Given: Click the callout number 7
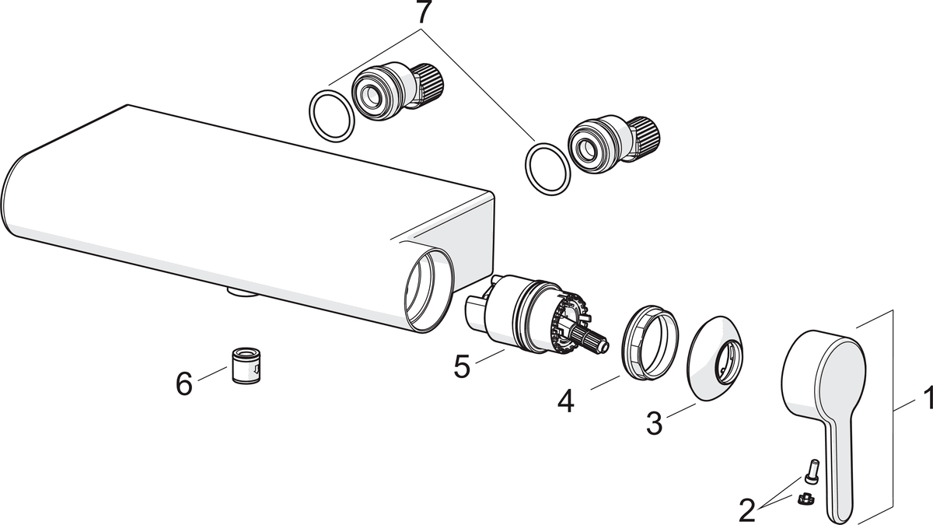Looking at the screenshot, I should [x=423, y=13].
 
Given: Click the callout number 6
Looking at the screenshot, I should [x=184, y=383].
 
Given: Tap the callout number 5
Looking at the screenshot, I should [x=462, y=366].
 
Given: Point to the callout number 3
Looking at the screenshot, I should [x=655, y=424].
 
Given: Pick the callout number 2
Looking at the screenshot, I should [x=747, y=509].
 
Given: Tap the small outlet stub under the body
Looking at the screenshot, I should [x=241, y=293].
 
